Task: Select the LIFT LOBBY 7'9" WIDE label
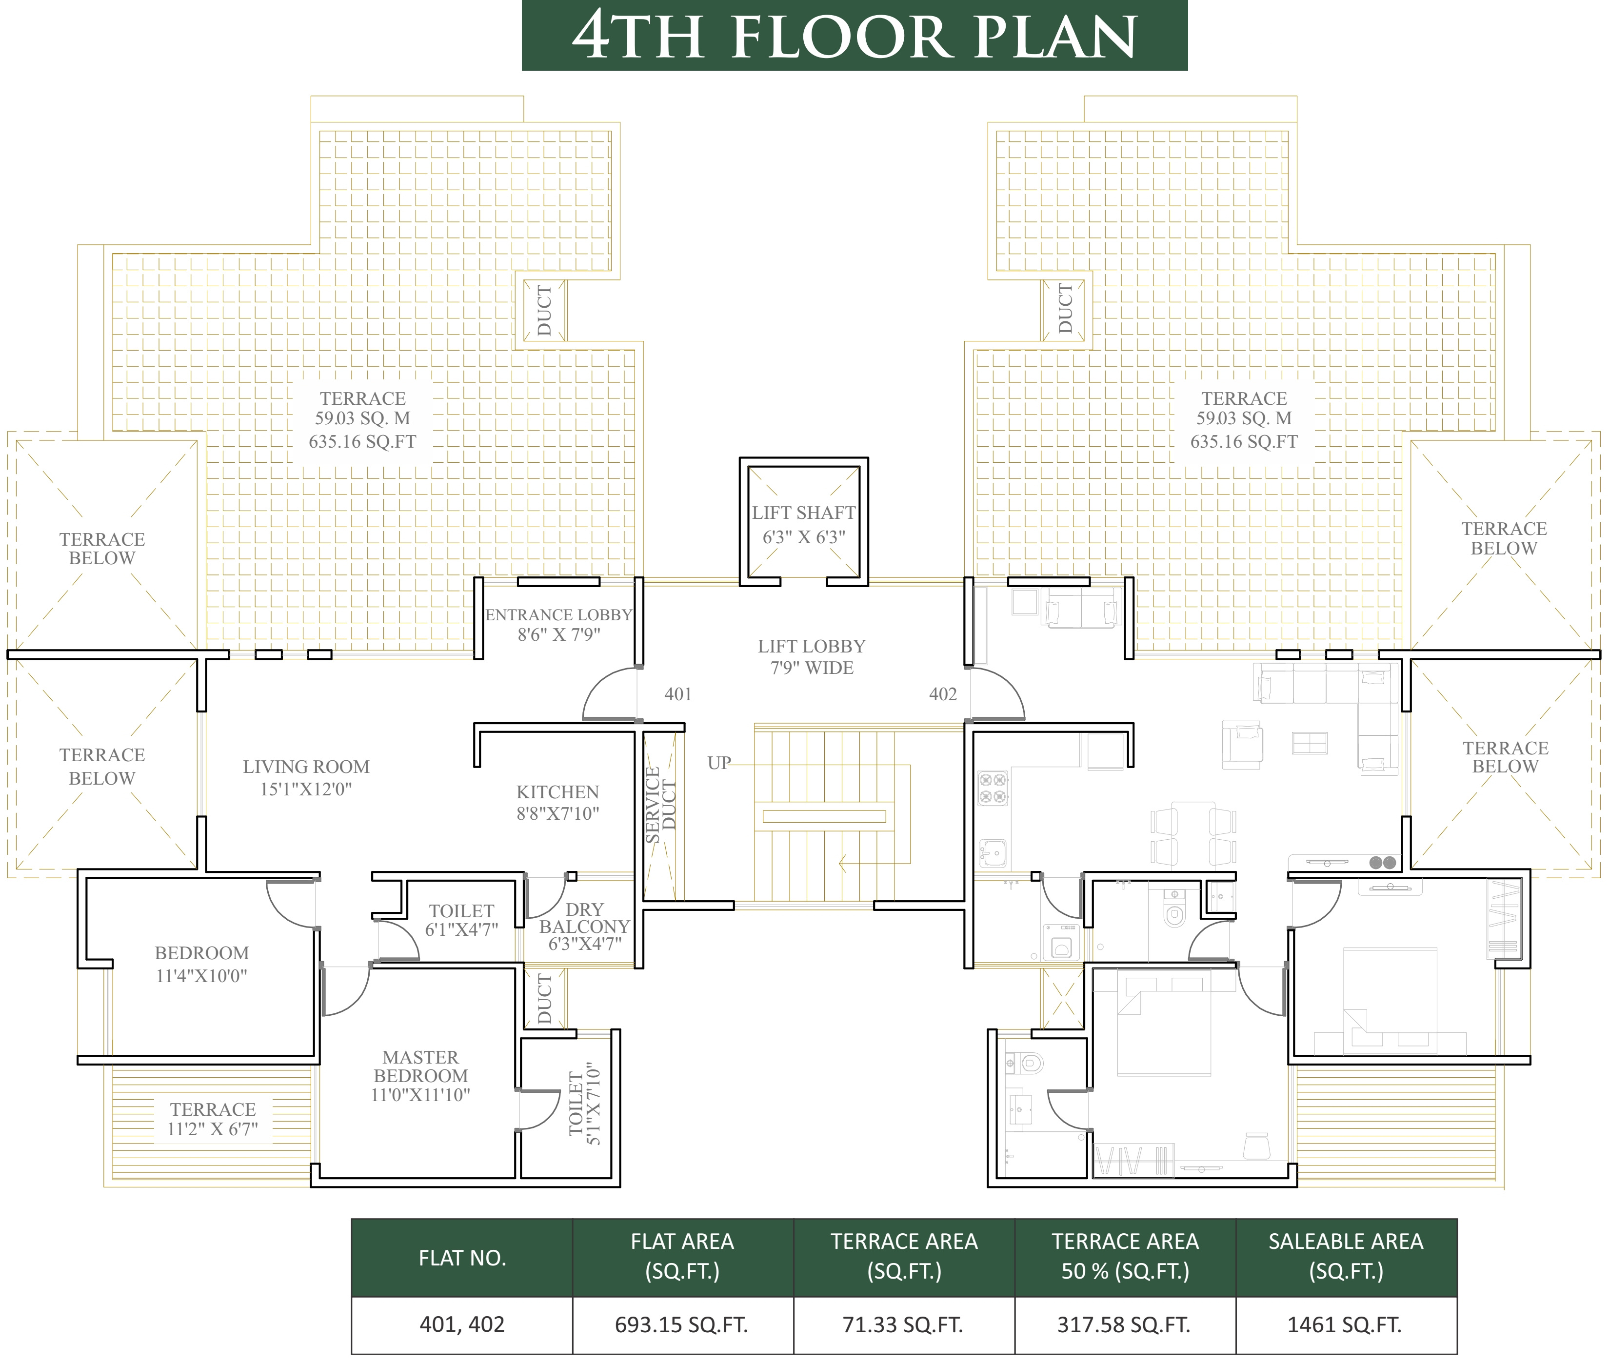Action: point(812,657)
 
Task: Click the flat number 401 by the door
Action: point(678,694)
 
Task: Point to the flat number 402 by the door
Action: point(943,694)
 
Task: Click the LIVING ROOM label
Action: point(306,777)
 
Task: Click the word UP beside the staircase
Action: point(719,763)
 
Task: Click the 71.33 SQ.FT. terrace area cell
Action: point(903,1325)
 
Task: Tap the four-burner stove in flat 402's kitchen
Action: point(993,789)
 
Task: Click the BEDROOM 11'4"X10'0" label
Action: point(201,964)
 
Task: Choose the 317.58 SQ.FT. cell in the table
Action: point(1124,1325)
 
